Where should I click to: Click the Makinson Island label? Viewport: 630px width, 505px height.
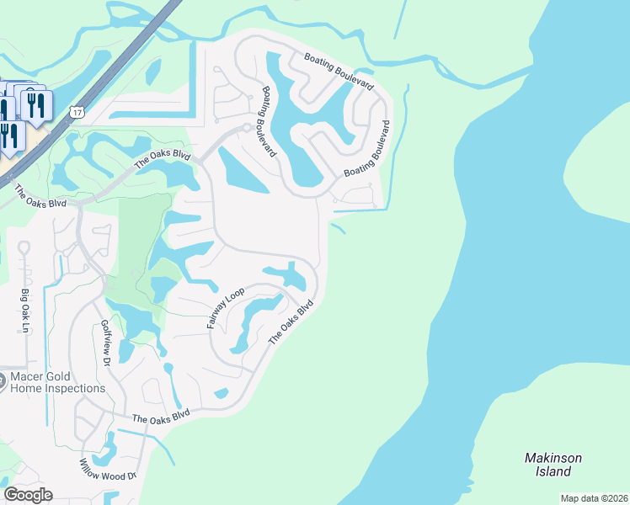553,465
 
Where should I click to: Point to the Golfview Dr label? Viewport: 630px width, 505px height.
106,343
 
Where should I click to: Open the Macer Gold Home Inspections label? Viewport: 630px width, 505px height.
57,382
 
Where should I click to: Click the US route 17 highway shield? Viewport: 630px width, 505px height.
77,111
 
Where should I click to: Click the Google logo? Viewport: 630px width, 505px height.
28,494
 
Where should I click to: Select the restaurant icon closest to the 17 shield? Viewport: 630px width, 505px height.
35,105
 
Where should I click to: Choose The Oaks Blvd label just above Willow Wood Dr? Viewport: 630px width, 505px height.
161,417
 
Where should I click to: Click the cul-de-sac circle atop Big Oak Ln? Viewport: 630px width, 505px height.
24,248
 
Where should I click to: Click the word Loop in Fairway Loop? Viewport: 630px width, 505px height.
234,295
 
